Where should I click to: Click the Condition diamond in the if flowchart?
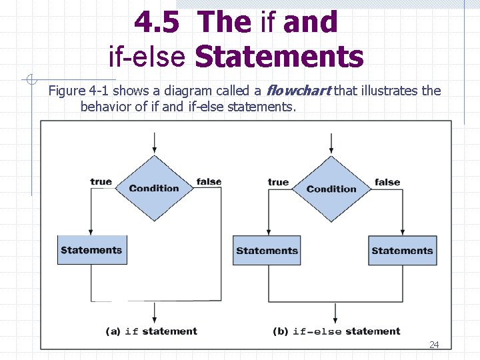tap(155, 188)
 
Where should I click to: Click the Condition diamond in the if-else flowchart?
tap(332, 188)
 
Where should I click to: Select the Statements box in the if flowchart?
tap(91, 250)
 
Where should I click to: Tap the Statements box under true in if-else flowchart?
tap(267, 251)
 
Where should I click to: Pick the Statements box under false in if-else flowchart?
tap(402, 251)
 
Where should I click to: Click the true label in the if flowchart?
tap(101, 181)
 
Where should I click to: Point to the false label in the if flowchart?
tap(209, 181)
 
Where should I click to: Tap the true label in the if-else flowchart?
tap(278, 182)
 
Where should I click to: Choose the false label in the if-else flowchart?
tap(387, 182)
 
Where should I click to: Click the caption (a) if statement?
tap(152, 331)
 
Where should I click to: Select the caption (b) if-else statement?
tap(337, 331)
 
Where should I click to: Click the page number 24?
tap(434, 345)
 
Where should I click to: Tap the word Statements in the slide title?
tap(279, 56)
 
